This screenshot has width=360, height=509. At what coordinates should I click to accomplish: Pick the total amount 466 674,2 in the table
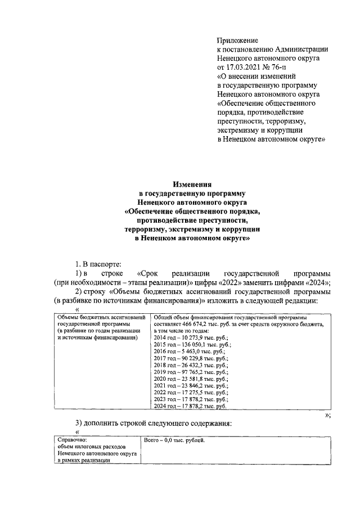pyautogui.click(x=195, y=325)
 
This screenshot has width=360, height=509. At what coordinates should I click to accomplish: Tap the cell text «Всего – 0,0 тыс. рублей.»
pyautogui.click(x=174, y=440)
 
